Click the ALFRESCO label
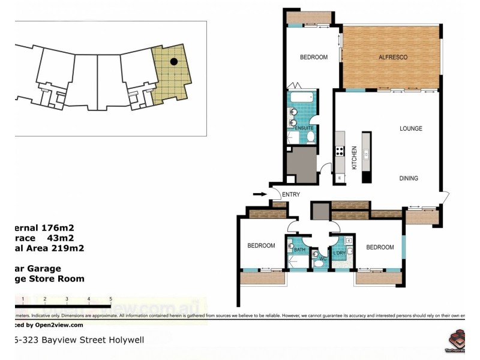coord(393,57)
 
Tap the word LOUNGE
coord(411,128)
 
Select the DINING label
coord(409,178)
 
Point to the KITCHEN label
coord(355,158)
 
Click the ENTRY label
coord(290,194)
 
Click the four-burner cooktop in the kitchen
coord(340,151)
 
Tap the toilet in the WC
coord(317,260)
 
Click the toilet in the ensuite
coord(310,137)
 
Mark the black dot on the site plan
coord(173,61)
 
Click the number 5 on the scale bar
coord(110,298)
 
